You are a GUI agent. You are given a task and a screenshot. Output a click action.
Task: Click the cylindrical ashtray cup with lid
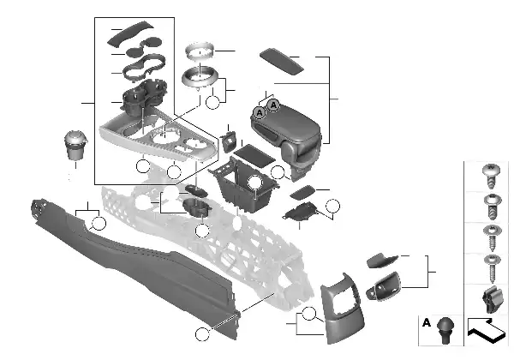click(75, 145)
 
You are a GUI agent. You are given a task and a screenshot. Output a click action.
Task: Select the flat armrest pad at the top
click(282, 62)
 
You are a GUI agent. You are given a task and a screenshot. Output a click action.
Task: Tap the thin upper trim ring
click(200, 51)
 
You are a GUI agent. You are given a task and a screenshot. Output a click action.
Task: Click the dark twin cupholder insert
click(144, 95)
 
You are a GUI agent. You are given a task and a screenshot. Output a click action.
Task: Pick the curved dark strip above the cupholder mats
click(130, 33)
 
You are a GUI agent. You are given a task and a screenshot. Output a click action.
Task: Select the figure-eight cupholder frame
click(144, 67)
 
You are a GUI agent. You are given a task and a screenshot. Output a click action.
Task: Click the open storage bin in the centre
click(243, 185)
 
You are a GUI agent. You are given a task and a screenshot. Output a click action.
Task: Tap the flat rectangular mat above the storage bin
click(254, 155)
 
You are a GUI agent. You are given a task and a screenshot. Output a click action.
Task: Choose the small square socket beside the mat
click(229, 141)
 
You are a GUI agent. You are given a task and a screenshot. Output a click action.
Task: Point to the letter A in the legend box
click(426, 322)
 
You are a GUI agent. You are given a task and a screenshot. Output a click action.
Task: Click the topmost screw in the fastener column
click(491, 176)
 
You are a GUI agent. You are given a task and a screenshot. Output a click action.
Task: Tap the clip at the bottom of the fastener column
click(493, 299)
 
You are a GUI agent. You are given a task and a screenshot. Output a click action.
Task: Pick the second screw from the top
click(493, 207)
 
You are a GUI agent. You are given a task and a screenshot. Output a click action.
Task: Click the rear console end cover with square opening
click(342, 309)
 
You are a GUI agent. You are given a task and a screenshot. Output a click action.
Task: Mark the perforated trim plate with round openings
click(158, 138)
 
